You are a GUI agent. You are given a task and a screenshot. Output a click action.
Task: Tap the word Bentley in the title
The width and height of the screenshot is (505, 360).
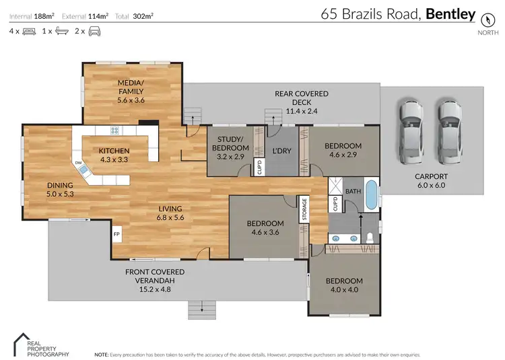451,13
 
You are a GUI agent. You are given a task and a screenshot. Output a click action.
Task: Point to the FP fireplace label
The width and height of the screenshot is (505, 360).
116,234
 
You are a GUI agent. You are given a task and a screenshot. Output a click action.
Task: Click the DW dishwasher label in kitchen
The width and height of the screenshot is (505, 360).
78,163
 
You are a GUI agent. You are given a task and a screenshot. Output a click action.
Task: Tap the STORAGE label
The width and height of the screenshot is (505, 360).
304,209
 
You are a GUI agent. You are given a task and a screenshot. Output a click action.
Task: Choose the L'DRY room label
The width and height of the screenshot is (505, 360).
281,151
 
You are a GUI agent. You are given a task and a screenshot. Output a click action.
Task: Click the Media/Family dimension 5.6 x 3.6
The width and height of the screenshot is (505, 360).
131,100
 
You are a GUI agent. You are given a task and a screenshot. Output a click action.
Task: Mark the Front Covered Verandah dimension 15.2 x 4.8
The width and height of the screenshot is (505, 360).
155,281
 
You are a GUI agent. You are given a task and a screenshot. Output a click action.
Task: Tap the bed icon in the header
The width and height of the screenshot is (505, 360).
28,31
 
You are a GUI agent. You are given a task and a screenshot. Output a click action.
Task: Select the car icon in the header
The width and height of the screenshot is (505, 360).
94,31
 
